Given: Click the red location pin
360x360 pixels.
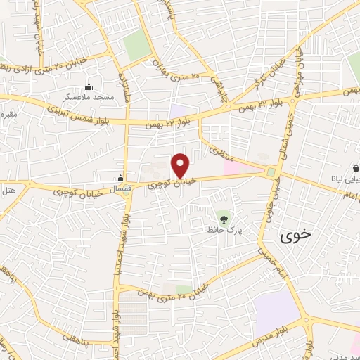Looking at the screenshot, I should pyautogui.click(x=181, y=165).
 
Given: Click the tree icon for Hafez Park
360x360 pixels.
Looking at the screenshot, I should pyautogui.click(x=224, y=219).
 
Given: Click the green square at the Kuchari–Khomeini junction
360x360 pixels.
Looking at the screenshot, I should pyautogui.click(x=271, y=172).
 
